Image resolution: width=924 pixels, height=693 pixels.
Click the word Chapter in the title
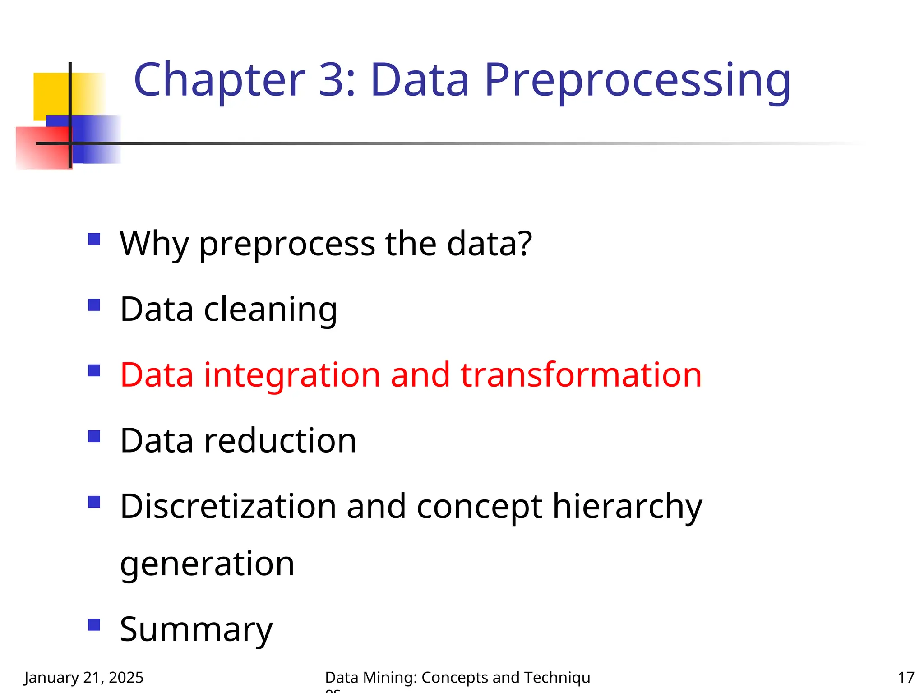coord(219,80)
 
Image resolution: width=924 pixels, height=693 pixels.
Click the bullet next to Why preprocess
coord(94,239)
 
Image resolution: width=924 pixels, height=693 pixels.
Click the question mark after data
coord(524,243)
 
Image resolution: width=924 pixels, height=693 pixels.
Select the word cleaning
coord(270,310)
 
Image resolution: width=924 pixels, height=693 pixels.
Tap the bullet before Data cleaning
coord(94,305)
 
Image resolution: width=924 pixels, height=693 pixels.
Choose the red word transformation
coord(581,375)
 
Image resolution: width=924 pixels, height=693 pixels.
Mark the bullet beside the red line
coord(94,371)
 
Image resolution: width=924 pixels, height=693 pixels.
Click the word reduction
coord(280,441)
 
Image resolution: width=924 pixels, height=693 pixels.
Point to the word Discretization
coord(228,507)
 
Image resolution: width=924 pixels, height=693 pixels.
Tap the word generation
coord(207,564)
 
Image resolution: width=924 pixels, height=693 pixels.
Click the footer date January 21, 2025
coord(84,678)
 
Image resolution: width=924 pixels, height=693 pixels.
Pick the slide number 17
coord(906,678)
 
